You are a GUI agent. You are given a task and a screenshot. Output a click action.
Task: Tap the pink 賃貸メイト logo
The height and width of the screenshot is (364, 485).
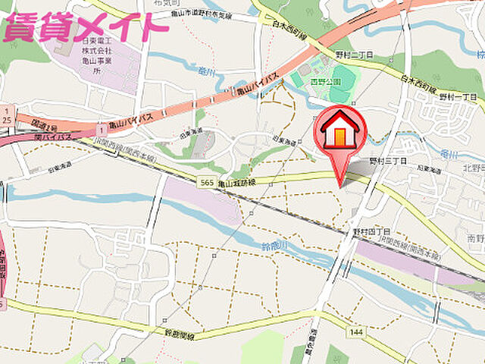tap(85, 27)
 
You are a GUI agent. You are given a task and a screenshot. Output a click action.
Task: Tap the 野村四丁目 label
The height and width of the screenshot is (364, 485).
tap(371, 231)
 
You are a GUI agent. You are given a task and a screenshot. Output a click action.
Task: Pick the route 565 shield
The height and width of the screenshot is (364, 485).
tap(205, 182)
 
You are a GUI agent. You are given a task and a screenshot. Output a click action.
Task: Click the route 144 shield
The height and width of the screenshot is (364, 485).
tap(355, 332)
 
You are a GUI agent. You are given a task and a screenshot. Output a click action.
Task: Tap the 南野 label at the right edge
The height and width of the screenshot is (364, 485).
tap(475, 237)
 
